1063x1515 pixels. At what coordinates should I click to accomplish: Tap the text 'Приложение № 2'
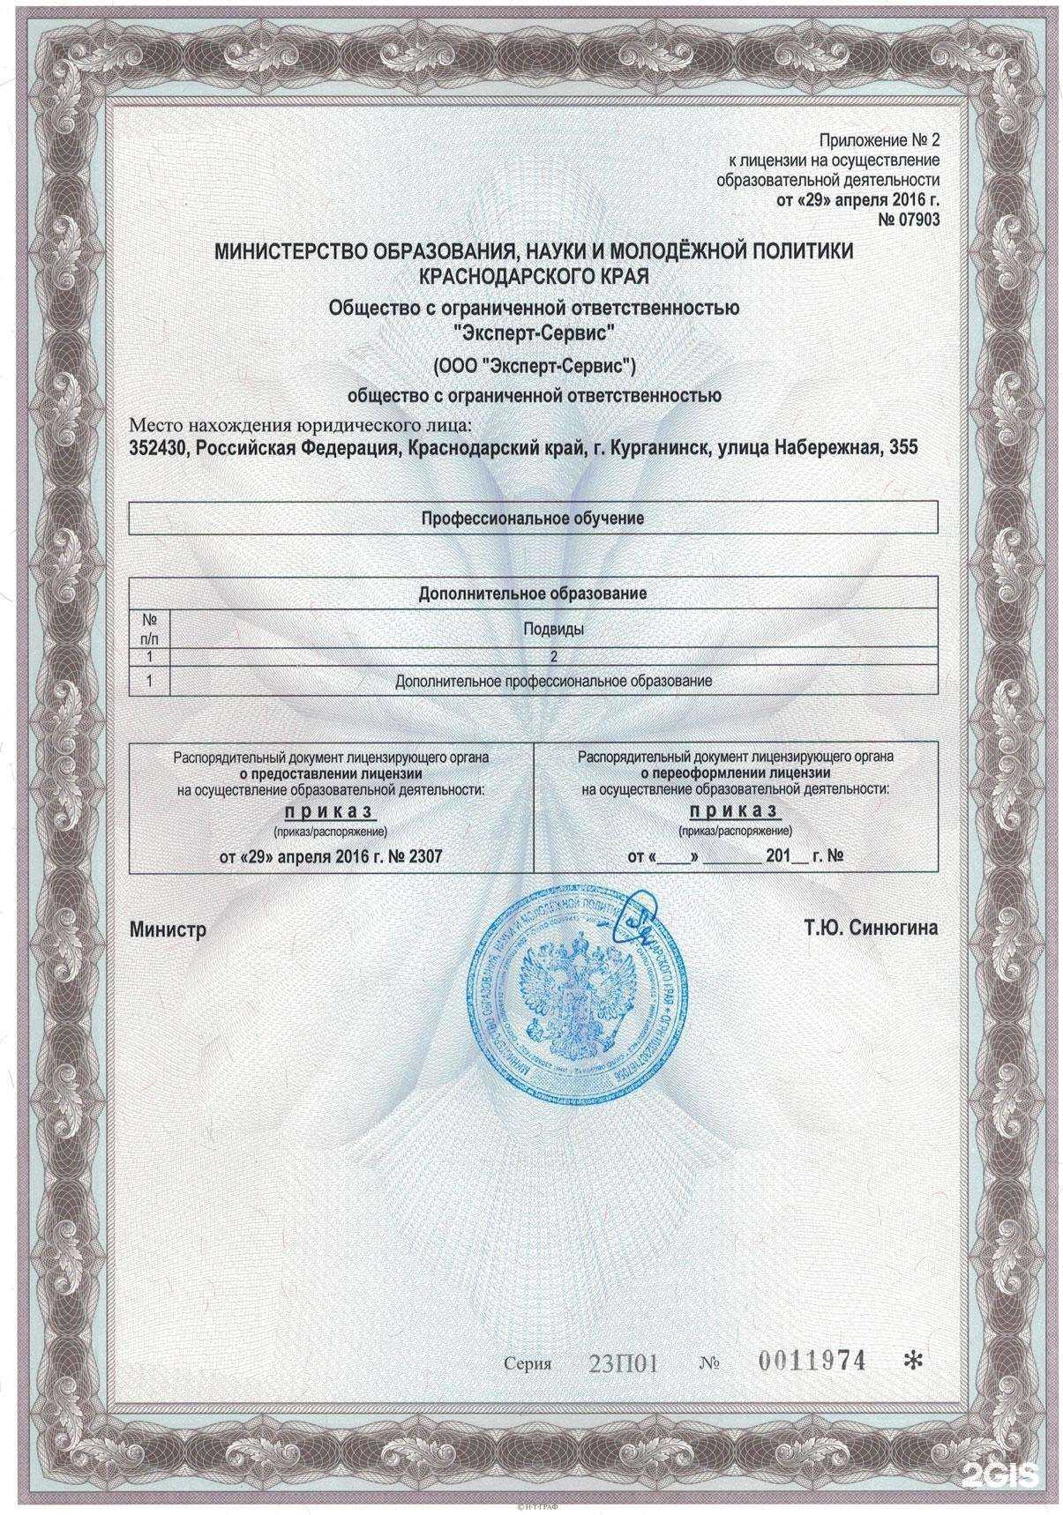point(879,140)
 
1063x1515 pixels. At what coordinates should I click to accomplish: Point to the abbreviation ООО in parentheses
point(460,364)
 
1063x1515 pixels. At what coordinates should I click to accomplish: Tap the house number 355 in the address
point(903,448)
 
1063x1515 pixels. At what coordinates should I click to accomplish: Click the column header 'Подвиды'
point(553,630)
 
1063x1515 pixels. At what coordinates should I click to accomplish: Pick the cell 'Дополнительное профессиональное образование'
point(553,682)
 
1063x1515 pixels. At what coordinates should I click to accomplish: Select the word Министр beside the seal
point(167,929)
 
